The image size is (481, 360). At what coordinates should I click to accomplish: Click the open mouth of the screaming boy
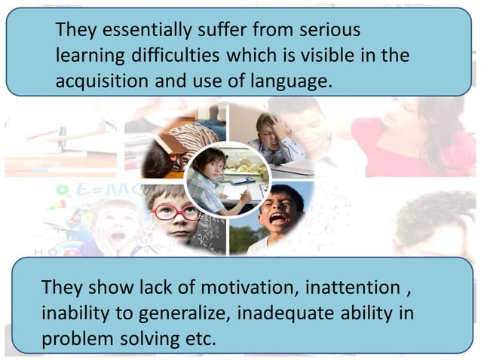[x=277, y=219]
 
